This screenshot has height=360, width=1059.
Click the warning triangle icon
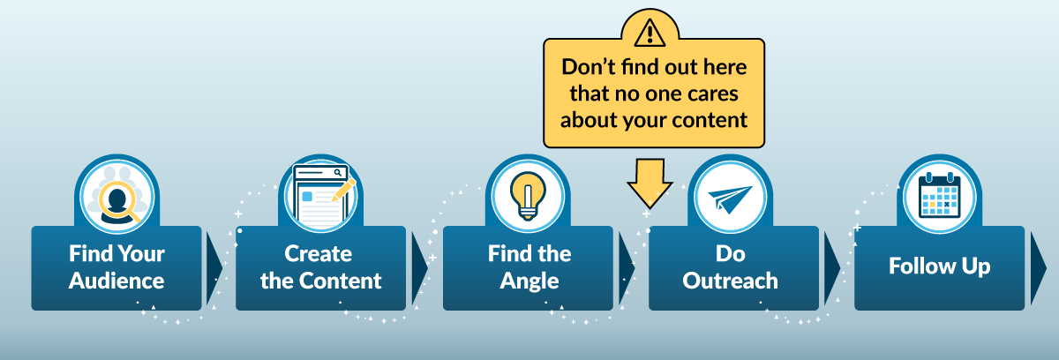pos(650,33)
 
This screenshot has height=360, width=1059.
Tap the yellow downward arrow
pos(650,183)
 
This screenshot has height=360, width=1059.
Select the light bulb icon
pos(528,196)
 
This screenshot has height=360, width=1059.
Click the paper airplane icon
pos(730,199)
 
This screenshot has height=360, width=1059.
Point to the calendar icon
pos(939,196)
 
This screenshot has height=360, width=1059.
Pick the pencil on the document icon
pos(343,191)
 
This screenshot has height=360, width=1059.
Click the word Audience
pos(116,281)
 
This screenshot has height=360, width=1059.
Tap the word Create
pos(319,254)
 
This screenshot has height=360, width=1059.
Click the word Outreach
pos(730,281)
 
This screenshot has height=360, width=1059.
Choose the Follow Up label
pos(939,266)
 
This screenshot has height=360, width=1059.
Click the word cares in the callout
pos(712,94)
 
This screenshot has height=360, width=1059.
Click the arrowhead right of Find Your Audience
pos(214,268)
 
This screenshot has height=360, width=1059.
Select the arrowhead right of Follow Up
pos(1039,268)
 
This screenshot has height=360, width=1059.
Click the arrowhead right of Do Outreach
pos(832,268)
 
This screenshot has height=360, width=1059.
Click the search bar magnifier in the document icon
pos(337,173)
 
